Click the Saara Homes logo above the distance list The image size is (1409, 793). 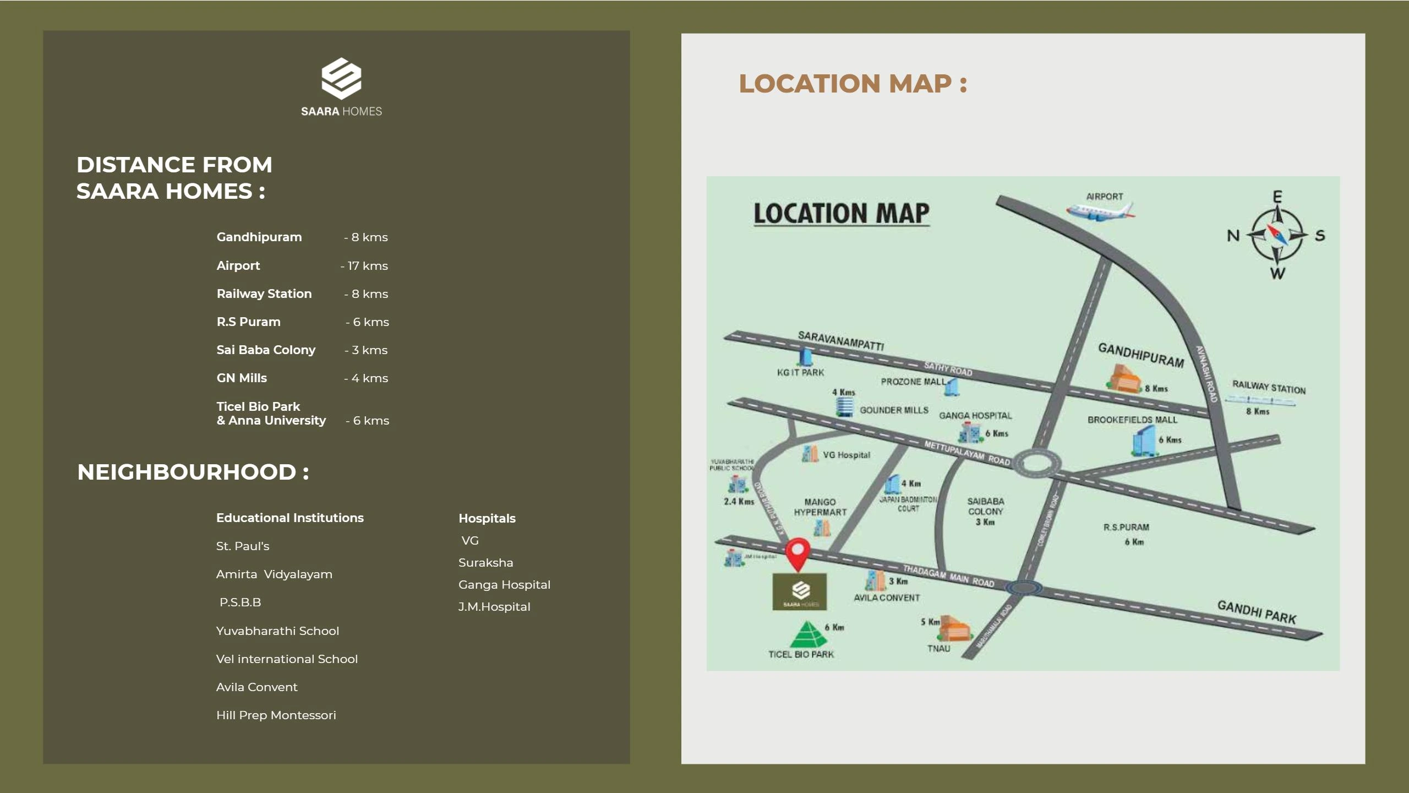[341, 87]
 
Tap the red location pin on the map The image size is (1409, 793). [797, 553]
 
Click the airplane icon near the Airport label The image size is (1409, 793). [1100, 211]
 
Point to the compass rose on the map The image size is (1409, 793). [1277, 235]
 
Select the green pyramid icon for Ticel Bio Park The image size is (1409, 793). [808, 634]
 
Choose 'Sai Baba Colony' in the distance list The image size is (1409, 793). [266, 350]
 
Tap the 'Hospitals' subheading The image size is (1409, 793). [487, 518]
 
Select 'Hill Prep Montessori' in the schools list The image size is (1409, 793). [276, 715]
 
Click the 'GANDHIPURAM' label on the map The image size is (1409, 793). [1140, 355]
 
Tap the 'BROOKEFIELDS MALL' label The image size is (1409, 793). [1132, 420]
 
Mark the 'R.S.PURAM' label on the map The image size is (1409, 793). [1126, 528]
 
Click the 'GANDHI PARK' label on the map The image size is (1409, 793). [1257, 612]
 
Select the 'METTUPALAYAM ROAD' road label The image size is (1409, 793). [967, 453]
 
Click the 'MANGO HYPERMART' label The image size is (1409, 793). [820, 507]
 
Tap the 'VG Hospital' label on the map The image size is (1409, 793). [847, 455]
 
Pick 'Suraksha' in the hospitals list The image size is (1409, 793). [485, 563]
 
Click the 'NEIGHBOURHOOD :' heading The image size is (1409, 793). [193, 472]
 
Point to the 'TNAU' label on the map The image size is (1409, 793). [938, 649]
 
